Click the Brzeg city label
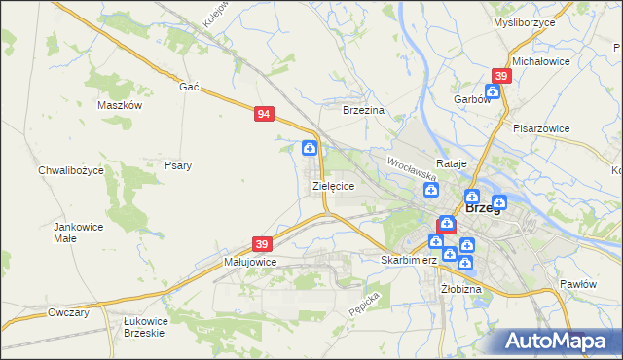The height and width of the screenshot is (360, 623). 483,207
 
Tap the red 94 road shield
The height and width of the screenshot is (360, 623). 264,114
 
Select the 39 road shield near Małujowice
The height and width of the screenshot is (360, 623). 262,243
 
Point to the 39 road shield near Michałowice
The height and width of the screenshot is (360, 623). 501,76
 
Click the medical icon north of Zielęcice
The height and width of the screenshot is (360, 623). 310,148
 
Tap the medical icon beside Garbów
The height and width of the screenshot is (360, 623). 493,91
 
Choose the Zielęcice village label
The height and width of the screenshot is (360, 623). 333,185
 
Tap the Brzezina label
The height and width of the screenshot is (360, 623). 364,111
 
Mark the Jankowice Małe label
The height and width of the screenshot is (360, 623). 78,232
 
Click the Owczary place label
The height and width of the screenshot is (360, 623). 68,312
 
